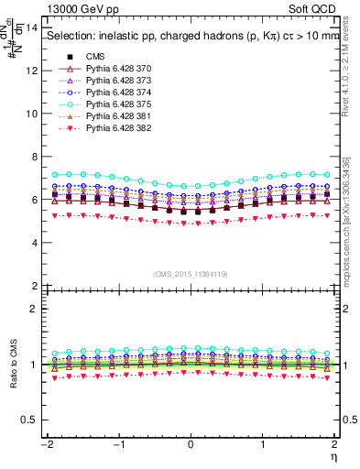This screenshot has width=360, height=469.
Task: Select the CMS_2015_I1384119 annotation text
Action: [x=190, y=274]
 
